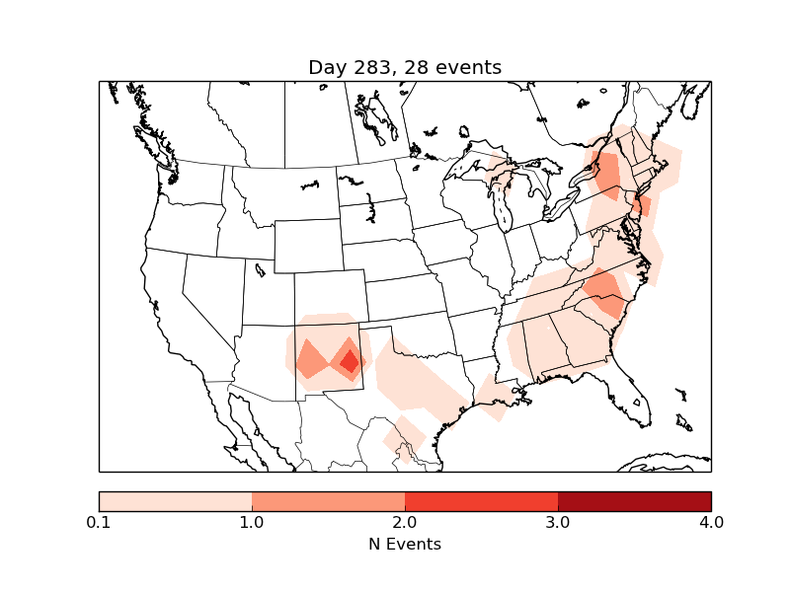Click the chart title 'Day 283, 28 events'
(x=405, y=68)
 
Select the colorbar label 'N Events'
(x=405, y=544)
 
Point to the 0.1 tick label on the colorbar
(x=99, y=522)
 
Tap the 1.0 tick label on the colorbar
(x=252, y=522)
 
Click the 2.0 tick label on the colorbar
(x=405, y=522)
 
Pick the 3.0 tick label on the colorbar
(x=558, y=522)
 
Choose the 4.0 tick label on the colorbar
(x=710, y=522)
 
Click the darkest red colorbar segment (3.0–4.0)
(x=634, y=500)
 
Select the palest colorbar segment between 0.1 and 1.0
(x=176, y=500)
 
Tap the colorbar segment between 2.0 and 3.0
(x=481, y=500)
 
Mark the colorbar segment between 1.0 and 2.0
(x=328, y=500)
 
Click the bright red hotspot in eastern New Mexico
(x=349, y=361)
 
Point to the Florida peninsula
(x=628, y=390)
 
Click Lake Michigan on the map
(x=501, y=207)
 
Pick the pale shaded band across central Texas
(x=420, y=380)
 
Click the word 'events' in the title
(x=468, y=68)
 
